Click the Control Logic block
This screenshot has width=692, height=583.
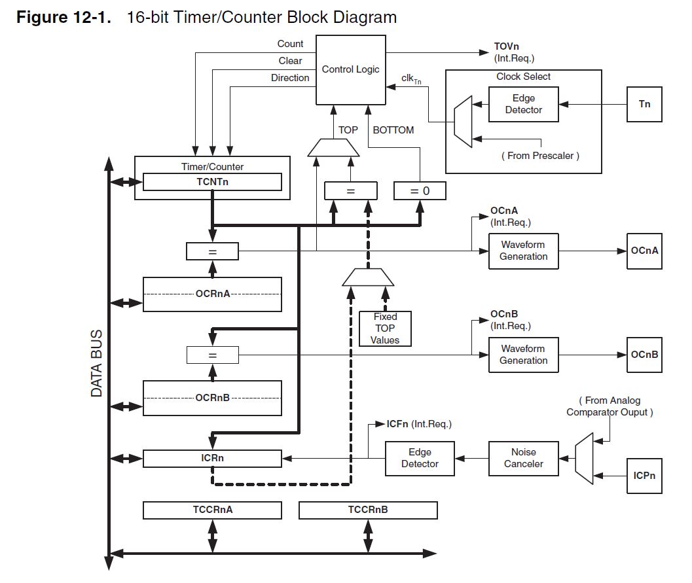coord(351,69)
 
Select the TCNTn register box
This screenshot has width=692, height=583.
coord(212,182)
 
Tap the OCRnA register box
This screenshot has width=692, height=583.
coord(212,294)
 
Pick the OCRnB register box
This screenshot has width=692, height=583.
coord(212,398)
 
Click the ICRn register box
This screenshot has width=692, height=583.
coord(212,458)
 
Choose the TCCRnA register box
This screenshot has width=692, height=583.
coord(212,510)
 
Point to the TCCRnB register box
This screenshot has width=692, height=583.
coord(368,510)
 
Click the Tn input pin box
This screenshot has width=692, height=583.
coord(644,104)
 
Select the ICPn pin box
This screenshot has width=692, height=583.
coord(644,476)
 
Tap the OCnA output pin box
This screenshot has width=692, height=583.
coord(644,251)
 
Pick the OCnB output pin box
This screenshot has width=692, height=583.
coord(644,355)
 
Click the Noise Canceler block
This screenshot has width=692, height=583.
coord(523,458)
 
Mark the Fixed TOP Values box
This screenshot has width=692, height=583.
coord(385,328)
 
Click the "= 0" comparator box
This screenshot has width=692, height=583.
coord(420,191)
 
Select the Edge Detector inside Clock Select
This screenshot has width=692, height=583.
coord(523,104)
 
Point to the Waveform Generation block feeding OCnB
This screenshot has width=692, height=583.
coord(523,355)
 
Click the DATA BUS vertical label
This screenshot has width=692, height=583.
coord(97,363)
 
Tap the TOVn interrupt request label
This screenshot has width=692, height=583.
coord(514,52)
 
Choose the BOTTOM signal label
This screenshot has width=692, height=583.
coord(393,130)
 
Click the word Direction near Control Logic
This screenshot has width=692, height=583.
coord(290,78)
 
